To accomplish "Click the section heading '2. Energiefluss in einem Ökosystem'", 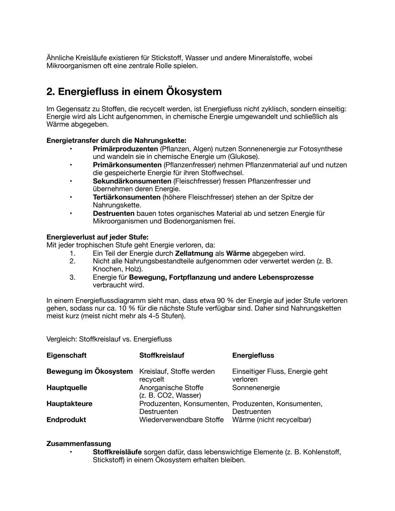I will [x=134, y=91].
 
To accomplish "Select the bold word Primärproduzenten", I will [x=125, y=149].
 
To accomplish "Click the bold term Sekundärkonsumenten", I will [x=132, y=181].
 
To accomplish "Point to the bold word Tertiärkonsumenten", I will [x=127, y=197].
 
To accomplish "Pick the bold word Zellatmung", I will [x=194, y=253].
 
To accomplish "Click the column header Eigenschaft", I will [x=67, y=356].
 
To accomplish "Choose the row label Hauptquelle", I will [x=67, y=388].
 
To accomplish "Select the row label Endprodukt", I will [x=66, y=420].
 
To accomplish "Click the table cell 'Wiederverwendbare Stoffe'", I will [x=181, y=420].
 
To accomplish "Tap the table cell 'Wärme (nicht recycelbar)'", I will [x=271, y=420].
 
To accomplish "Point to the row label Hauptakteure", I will [x=69, y=404].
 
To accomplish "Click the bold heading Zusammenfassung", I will [x=79, y=444].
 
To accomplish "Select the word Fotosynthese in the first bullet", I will [x=321, y=149].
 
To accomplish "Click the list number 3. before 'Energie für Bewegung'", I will [x=72, y=277].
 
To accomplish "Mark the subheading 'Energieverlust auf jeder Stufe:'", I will [x=97, y=237].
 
